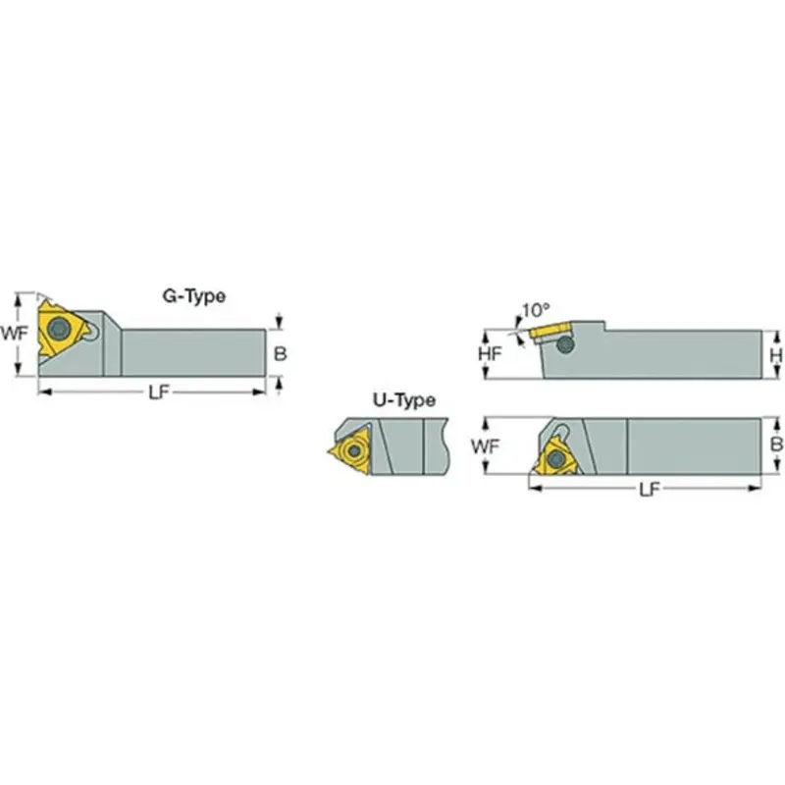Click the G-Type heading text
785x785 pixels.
click(193, 294)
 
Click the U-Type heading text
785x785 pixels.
click(403, 400)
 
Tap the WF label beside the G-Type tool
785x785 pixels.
click(13, 333)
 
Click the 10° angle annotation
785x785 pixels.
click(535, 309)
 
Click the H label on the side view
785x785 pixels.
click(775, 354)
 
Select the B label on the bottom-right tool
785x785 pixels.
click(775, 445)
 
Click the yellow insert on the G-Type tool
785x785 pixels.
click(59, 329)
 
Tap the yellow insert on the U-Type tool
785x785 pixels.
click(350, 450)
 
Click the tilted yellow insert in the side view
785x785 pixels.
click(553, 331)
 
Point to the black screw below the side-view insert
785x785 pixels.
click(564, 345)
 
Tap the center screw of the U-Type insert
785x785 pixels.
click(351, 451)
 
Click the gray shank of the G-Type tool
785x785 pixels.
click(191, 352)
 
